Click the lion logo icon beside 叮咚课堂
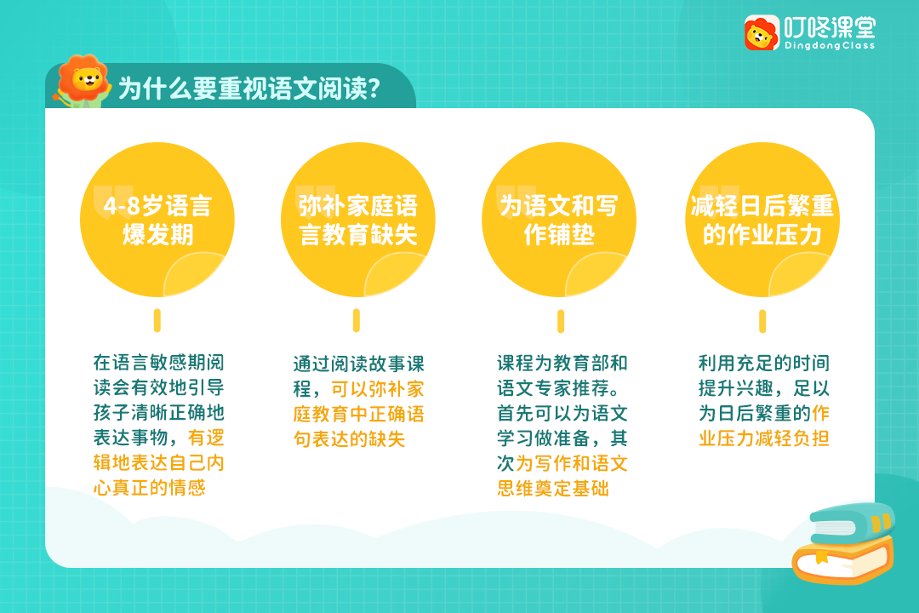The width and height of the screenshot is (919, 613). click(762, 33)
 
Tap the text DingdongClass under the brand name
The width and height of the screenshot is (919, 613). click(830, 46)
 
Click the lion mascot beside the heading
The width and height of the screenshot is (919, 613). click(82, 81)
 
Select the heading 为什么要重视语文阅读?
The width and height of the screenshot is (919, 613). click(249, 89)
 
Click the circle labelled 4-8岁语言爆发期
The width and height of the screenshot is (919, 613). click(157, 220)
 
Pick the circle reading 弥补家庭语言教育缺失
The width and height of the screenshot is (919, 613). click(358, 220)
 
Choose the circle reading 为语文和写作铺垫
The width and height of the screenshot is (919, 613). click(559, 220)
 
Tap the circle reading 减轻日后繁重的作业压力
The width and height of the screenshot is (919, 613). click(762, 220)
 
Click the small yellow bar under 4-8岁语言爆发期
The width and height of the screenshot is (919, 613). click(157, 320)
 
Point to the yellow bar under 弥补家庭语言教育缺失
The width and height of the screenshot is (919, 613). click(357, 320)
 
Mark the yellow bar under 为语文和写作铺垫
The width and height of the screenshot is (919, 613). click(561, 321)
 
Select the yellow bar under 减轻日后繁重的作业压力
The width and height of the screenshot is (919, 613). click(762, 321)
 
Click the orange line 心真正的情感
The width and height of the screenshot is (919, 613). click(150, 488)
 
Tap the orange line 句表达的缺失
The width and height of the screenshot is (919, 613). click(350, 438)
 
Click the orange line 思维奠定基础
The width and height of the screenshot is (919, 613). click(553, 488)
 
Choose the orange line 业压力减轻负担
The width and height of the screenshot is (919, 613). click(763, 438)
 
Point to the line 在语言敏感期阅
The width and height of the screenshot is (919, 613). click(159, 363)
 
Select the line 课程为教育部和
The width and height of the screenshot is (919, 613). click(562, 363)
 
